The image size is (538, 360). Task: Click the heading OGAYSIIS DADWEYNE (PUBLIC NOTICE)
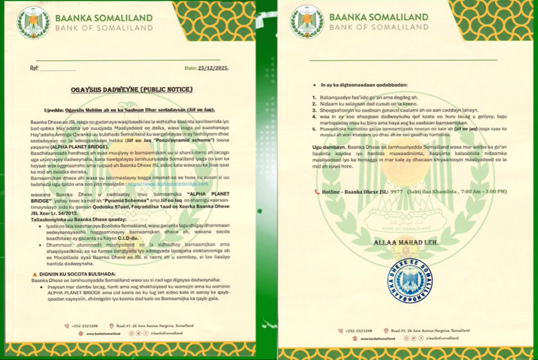point(132,90)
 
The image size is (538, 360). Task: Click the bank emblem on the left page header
point(33,23)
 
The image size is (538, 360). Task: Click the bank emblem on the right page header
point(307,22)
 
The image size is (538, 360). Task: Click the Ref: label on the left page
point(34,68)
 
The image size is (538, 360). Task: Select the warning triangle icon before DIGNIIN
point(35,275)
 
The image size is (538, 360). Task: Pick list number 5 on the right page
point(314,128)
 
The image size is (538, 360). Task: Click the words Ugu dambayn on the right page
point(328,146)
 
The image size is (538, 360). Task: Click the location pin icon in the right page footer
point(386,331)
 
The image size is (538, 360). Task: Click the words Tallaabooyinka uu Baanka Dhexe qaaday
point(74,220)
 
